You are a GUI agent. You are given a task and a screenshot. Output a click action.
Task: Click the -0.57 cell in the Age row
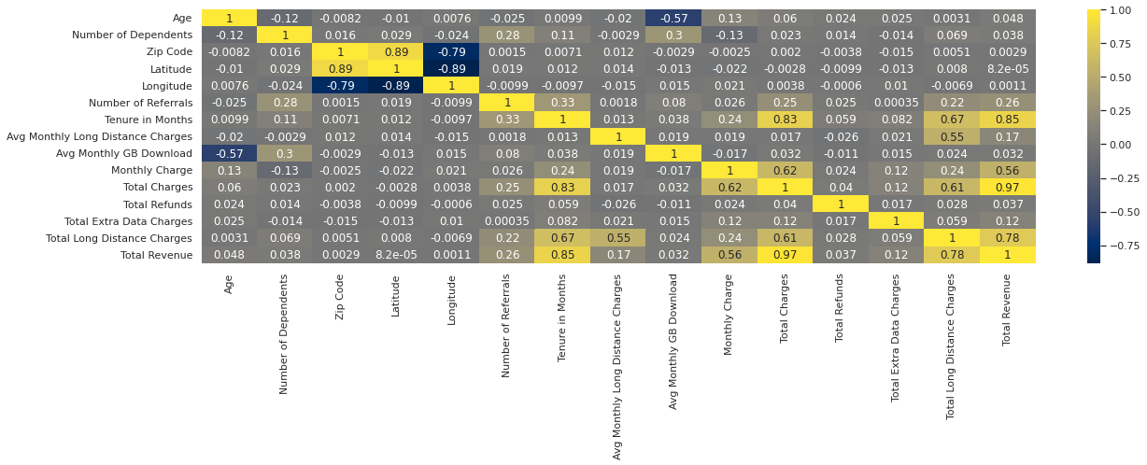click(673, 18)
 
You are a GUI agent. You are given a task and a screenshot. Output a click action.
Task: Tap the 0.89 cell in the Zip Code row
click(396, 52)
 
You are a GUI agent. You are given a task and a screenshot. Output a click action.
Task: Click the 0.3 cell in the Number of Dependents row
click(673, 35)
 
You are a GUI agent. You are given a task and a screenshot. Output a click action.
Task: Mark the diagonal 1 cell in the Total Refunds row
click(841, 204)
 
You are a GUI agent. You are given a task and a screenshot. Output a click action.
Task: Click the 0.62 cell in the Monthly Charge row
click(785, 170)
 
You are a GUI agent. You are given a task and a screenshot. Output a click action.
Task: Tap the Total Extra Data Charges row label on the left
click(136, 221)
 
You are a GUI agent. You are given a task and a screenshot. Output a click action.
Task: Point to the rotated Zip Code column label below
click(341, 297)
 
